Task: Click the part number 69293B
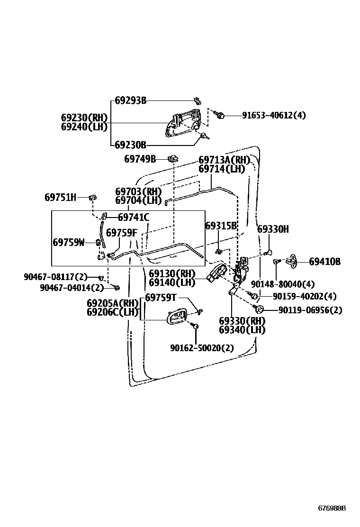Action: coord(131,100)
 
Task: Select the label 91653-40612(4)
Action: coord(274,115)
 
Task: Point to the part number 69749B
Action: coord(140,159)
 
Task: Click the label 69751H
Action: coord(60,197)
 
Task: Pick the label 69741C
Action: coord(134,218)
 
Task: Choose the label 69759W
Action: coord(68,243)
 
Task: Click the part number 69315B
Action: coord(221,226)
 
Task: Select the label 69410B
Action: coord(324,261)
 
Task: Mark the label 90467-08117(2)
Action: coord(56,277)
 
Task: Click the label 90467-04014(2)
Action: coord(72,288)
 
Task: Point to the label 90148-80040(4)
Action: coord(283,284)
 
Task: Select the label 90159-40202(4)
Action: coord(304,297)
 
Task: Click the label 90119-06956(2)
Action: coord(310,310)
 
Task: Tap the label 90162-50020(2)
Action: coord(202,348)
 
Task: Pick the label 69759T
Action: coord(161,298)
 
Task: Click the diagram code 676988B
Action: coord(332,508)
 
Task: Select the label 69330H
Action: coord(273,229)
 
